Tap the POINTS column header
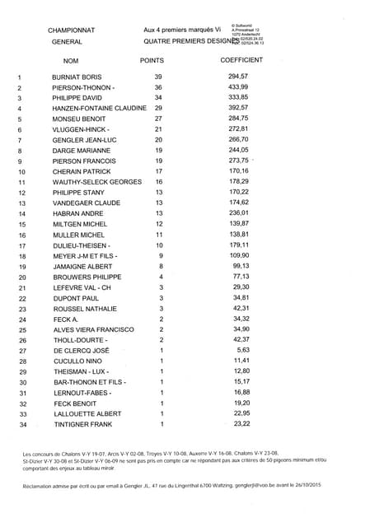[x=152, y=61]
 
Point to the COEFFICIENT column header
[x=241, y=61]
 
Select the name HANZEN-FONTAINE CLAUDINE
[x=99, y=108]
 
